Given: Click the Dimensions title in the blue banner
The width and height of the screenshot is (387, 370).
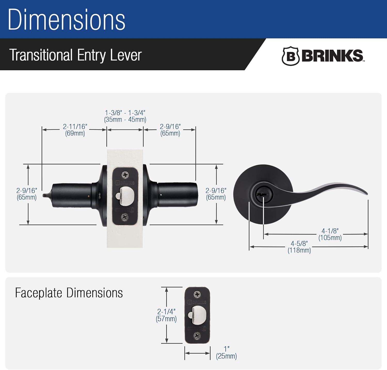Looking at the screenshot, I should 67,20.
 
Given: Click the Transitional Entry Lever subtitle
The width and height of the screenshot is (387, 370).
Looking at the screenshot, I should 76,55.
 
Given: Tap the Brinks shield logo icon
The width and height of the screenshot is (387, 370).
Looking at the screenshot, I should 290,56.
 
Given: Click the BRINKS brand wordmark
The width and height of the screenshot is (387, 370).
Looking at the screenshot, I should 332,56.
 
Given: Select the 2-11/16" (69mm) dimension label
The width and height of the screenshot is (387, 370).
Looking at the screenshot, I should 75,130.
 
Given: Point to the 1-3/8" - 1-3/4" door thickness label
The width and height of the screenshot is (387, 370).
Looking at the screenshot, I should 125,116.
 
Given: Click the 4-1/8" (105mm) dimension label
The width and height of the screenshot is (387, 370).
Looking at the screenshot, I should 330,234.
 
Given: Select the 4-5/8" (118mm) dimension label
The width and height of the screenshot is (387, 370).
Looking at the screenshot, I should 299,247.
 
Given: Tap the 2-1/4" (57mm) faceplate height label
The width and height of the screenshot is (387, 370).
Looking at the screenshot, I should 166,315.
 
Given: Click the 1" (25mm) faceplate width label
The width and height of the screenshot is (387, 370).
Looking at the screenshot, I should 226,352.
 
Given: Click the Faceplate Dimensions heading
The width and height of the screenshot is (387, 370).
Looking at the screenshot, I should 69,293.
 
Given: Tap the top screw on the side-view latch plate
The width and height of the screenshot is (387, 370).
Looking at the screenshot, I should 125,175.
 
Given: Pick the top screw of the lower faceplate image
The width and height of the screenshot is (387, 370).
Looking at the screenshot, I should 197,294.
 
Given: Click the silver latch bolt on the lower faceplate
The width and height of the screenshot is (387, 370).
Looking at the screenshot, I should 198,315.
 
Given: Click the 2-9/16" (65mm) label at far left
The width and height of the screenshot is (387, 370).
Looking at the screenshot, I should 27,194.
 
